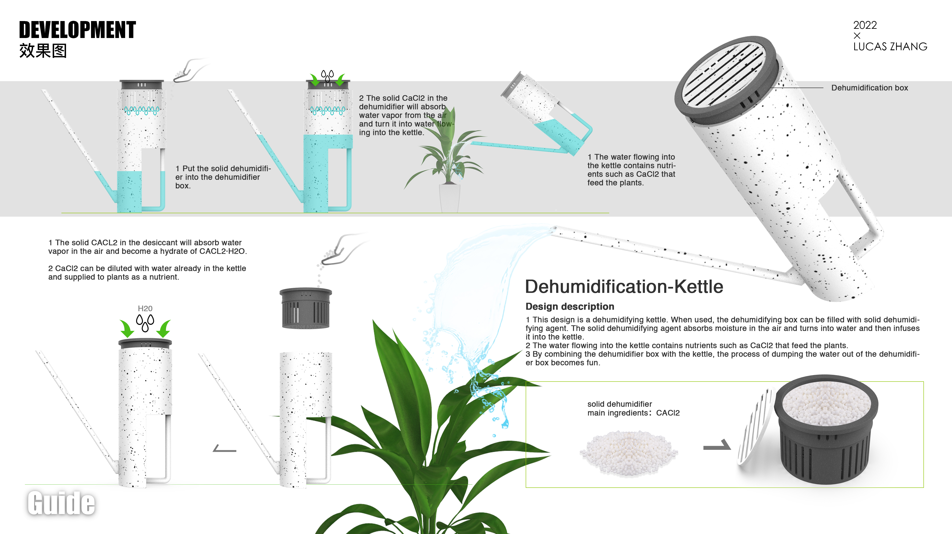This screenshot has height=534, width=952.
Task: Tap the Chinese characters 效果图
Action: pyautogui.click(x=43, y=51)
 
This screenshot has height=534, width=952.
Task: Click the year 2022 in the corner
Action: pyautogui.click(x=865, y=25)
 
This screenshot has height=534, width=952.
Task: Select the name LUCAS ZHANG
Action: pyautogui.click(x=890, y=47)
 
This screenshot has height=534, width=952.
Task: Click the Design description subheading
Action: pyautogui.click(x=569, y=306)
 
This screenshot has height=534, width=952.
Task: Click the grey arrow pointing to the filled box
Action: pyautogui.click(x=717, y=445)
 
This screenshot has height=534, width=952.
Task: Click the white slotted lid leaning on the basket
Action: pyautogui.click(x=754, y=425)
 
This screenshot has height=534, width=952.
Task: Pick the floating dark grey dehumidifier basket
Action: pyautogui.click(x=306, y=309)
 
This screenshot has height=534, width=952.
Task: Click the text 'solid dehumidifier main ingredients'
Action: pyautogui.click(x=633, y=408)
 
